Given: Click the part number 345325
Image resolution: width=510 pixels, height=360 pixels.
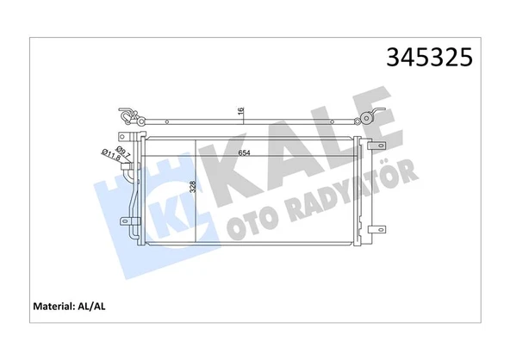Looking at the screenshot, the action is [429, 57].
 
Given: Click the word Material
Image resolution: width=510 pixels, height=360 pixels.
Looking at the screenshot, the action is [53, 307].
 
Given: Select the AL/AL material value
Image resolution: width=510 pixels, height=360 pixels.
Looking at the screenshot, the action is [91, 307].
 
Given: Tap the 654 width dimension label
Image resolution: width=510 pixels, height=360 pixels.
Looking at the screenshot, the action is [244, 152].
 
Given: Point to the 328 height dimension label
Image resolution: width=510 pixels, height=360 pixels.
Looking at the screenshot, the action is [193, 187].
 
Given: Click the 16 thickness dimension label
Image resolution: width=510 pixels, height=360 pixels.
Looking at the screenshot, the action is [240, 111].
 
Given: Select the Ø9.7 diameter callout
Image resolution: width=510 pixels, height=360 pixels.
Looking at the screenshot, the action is [123, 152].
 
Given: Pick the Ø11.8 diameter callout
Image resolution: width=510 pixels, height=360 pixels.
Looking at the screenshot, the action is [111, 155].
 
